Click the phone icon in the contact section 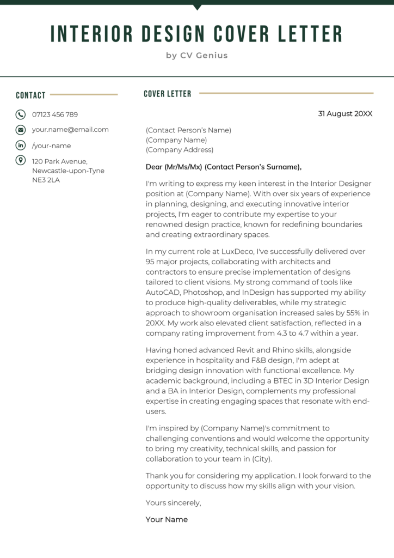tap(20, 114)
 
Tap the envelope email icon tap(20, 130)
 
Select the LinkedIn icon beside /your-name tap(20, 145)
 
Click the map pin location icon tap(20, 160)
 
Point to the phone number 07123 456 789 tap(55, 114)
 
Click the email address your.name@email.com tap(70, 130)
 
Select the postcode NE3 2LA tap(46, 180)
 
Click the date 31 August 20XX tap(345, 114)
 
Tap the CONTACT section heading tap(30, 95)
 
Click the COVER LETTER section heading tap(168, 94)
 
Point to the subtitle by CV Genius tap(197, 55)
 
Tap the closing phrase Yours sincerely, tap(173, 502)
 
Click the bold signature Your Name tap(167, 519)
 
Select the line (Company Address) tap(180, 150)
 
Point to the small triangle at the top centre tap(197, 7)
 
